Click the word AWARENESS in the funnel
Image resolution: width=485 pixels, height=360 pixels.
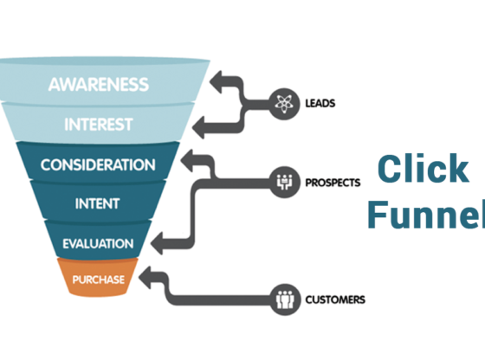tap(97, 86)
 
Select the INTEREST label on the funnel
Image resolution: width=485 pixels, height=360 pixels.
tap(97, 125)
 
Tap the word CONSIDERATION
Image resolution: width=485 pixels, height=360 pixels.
tap(97, 164)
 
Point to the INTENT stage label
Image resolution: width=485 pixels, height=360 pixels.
tap(97, 204)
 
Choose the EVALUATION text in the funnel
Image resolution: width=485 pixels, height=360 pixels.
tap(97, 243)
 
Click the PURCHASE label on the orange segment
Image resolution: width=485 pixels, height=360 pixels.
tap(98, 280)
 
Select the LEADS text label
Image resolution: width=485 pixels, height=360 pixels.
tap(320, 104)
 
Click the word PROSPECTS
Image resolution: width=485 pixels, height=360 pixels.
tap(333, 183)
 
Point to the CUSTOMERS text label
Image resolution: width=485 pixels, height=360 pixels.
tap(334, 301)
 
